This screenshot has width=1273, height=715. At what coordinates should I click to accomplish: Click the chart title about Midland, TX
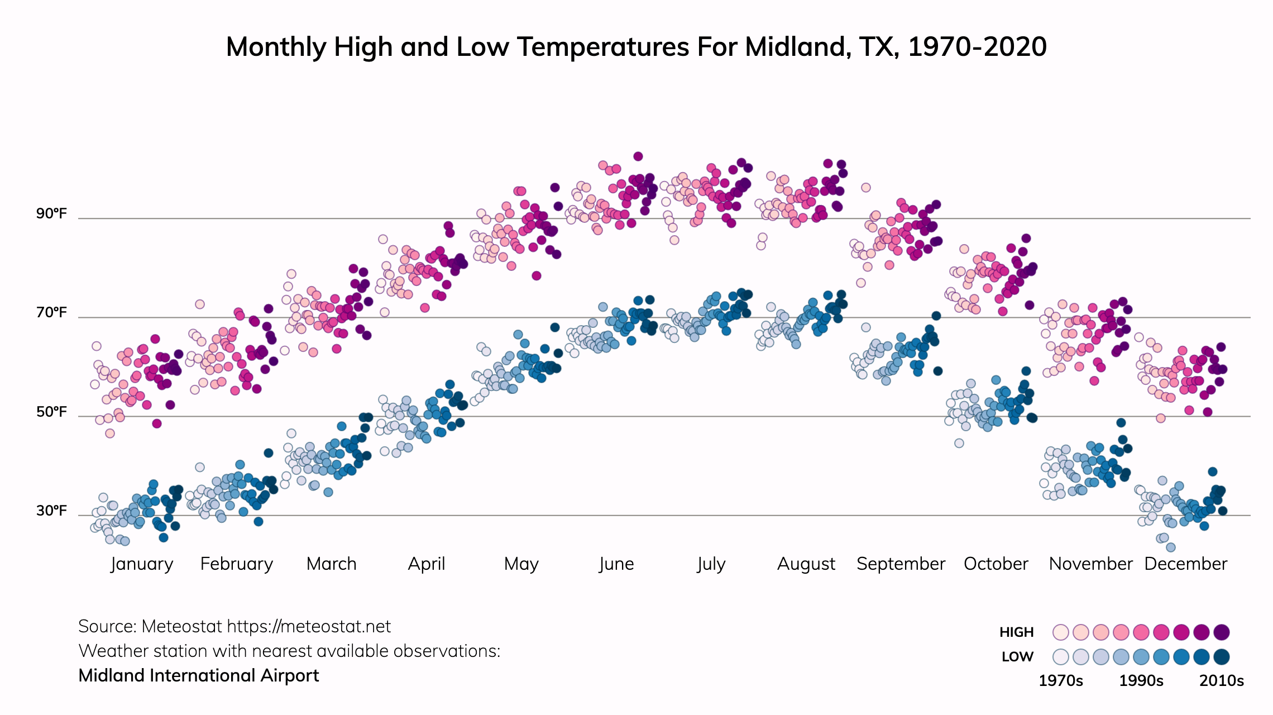[x=636, y=47]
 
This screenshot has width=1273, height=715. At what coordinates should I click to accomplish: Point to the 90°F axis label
[x=51, y=214]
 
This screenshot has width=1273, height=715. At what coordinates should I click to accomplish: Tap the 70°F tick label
[x=51, y=313]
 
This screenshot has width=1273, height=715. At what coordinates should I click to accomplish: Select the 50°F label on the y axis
[x=51, y=412]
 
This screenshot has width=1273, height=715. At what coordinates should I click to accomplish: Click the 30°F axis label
[x=51, y=511]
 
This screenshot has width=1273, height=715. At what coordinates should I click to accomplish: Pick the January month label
[x=142, y=564]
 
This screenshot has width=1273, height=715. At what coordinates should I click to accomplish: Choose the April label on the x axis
[x=427, y=564]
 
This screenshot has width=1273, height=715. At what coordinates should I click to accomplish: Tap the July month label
[x=711, y=564]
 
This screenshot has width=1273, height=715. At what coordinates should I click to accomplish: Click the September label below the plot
[x=901, y=564]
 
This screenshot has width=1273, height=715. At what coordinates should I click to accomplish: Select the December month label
[x=1185, y=564]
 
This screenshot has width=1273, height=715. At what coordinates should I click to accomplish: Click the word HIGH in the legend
[x=1016, y=632]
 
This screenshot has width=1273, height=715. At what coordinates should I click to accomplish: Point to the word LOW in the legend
[x=1017, y=657]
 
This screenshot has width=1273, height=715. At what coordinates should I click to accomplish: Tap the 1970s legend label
[x=1060, y=681]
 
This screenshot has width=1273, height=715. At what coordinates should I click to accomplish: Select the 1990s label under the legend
[x=1141, y=681]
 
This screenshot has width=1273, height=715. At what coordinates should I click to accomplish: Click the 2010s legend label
[x=1222, y=681]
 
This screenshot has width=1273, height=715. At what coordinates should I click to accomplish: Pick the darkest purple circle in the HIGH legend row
[x=1222, y=632]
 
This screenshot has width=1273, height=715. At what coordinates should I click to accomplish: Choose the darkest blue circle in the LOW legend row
[x=1222, y=657]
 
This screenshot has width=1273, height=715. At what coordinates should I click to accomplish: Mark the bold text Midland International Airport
[x=199, y=676]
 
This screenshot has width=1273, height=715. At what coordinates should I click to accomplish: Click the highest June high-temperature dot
[x=638, y=156]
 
